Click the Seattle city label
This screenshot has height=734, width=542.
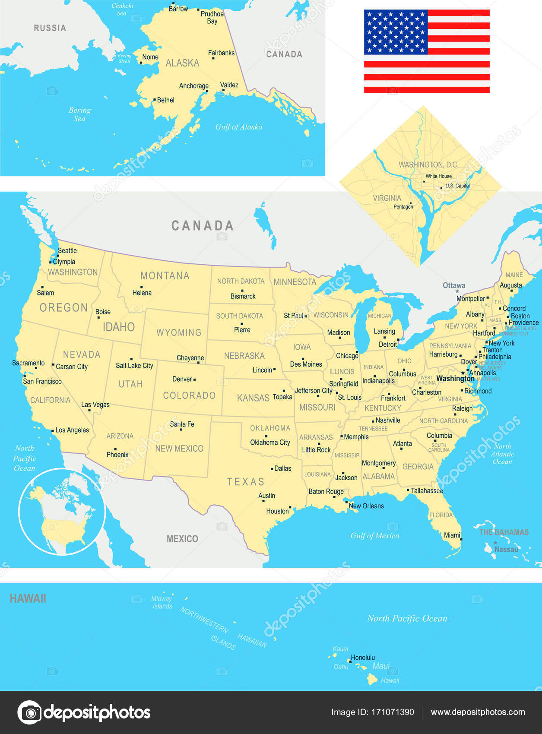[67, 250]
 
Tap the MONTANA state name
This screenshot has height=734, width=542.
[165, 275]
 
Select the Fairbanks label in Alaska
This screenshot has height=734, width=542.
[221, 53]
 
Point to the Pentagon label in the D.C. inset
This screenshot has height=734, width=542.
[403, 207]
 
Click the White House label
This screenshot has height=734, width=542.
[438, 176]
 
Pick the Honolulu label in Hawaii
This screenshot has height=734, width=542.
[363, 658]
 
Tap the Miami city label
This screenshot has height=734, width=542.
[452, 535]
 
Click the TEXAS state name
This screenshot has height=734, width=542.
[246, 482]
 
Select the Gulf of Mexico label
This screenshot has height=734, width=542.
[375, 536]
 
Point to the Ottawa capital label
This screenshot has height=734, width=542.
[454, 285]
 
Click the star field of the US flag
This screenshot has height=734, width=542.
[396, 32]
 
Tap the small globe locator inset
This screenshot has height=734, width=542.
[62, 511]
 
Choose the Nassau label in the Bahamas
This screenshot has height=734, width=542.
[506, 549]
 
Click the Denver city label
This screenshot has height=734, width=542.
[182, 379]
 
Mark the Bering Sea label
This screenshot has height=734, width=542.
[80, 114]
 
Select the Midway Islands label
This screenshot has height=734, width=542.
[162, 602]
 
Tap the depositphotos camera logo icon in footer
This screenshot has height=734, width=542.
[29, 712]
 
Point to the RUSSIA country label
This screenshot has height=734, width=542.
[50, 28]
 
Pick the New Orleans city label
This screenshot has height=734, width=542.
[366, 506]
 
